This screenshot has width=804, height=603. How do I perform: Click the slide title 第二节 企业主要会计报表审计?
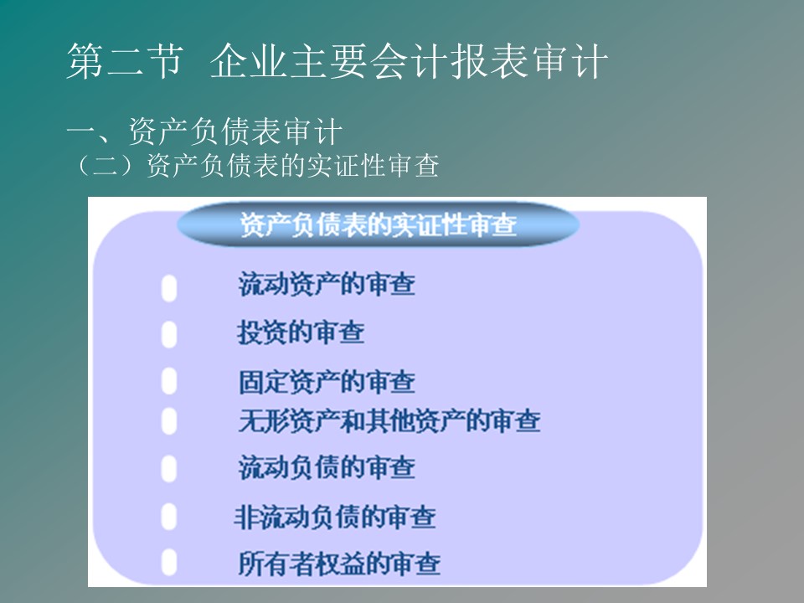[x=337, y=61]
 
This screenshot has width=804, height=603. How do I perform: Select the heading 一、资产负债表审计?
[x=204, y=131]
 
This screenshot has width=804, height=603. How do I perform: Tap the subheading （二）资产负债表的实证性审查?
[x=256, y=166]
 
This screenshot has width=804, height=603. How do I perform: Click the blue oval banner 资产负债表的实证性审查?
[x=378, y=224]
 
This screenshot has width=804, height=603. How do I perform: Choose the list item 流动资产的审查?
[x=327, y=284]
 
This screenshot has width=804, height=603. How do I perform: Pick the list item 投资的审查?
[x=301, y=332]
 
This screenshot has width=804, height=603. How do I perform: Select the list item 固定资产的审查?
[x=327, y=382]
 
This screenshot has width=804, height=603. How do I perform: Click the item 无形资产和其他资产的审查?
[x=389, y=421]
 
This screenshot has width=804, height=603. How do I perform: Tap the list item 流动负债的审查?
[x=327, y=467]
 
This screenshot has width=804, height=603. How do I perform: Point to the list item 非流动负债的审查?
[x=335, y=517]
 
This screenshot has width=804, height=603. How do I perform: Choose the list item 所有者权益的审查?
[x=339, y=564]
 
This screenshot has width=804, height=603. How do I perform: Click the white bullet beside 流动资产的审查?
[x=169, y=288]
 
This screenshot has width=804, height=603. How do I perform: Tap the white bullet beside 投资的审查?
[x=169, y=334]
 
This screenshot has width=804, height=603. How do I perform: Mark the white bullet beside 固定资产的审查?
[x=169, y=381]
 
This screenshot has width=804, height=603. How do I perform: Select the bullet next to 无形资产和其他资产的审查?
[x=169, y=421]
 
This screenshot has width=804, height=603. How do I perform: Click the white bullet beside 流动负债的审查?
[x=169, y=468]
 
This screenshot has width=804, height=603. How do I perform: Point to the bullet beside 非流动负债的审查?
[x=169, y=516]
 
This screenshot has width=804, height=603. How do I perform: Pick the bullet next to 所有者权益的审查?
[x=169, y=562]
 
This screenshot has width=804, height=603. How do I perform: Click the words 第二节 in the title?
[x=125, y=61]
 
